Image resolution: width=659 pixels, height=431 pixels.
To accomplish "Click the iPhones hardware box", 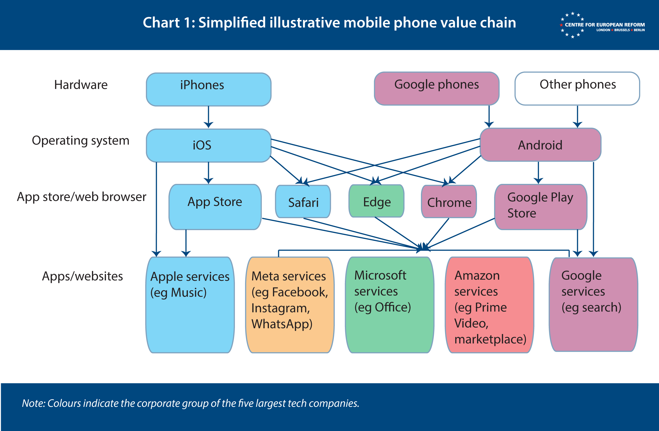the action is click(x=209, y=89).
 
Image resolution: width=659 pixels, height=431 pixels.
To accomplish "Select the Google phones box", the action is click(x=436, y=88).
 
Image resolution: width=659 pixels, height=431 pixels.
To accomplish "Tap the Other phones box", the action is click(x=577, y=88).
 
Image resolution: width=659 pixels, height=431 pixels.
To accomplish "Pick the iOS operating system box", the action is click(x=209, y=146).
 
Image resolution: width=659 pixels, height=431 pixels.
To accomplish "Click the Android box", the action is click(x=540, y=145).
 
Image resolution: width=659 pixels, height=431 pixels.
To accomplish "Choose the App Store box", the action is click(x=215, y=207).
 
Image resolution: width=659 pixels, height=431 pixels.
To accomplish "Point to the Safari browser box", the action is click(x=303, y=201).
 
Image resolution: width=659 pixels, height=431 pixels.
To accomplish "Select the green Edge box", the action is click(x=377, y=201).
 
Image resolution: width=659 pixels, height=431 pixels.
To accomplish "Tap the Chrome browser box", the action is click(x=449, y=201).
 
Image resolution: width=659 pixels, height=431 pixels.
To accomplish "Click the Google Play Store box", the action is click(x=541, y=207).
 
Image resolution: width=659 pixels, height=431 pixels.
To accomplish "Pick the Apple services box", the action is click(x=190, y=305).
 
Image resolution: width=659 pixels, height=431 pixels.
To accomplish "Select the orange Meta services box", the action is click(x=290, y=305).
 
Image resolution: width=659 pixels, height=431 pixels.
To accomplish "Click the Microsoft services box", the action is click(x=390, y=305).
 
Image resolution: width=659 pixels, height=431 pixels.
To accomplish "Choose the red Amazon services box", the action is click(x=489, y=305).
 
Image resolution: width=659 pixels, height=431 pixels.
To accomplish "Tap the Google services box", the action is click(x=593, y=305).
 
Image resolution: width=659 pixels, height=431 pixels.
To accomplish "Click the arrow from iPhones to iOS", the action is click(x=209, y=117).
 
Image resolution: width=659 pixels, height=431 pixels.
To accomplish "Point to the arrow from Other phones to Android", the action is click(x=577, y=117).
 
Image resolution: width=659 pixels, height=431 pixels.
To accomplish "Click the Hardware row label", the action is click(x=81, y=85).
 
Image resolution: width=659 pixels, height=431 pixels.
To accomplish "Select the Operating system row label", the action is click(x=81, y=141).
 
